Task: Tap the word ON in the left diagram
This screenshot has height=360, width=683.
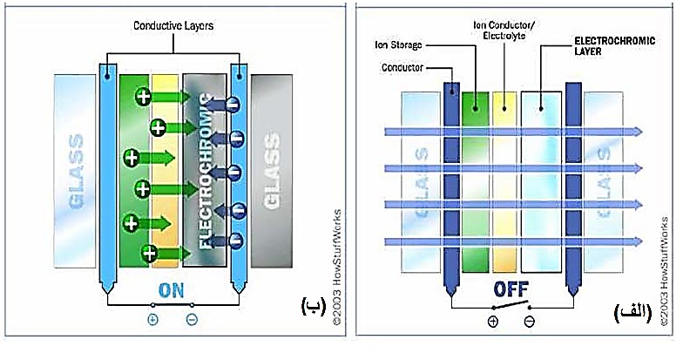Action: click(x=172, y=291)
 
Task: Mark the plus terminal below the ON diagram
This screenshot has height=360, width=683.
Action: click(x=153, y=320)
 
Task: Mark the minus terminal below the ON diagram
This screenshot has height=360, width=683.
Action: click(x=192, y=320)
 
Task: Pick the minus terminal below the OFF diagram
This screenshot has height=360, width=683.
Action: click(x=528, y=321)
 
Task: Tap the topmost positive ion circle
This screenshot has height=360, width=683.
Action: click(x=142, y=98)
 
